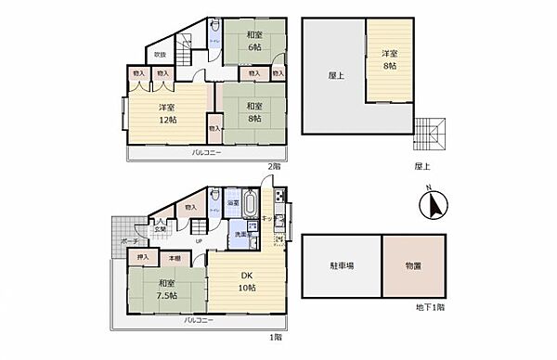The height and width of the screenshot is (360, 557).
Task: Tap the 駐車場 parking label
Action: tap(341, 266)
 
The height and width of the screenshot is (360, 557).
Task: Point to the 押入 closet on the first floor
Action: tap(143, 257)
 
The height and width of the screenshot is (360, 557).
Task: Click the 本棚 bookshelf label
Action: tap(173, 257)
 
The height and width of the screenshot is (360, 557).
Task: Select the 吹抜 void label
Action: tap(160, 55)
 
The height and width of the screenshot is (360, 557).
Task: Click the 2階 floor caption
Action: tap(273, 165)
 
